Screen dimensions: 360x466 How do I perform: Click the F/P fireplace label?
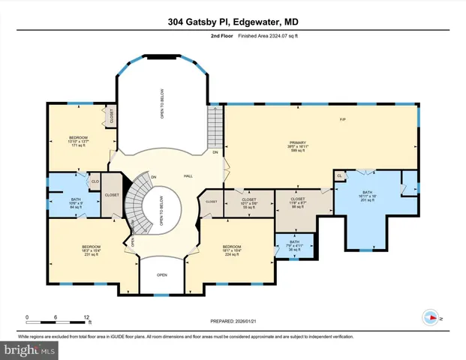tap(343, 120)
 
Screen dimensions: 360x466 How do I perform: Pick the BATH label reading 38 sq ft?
tap(293, 245)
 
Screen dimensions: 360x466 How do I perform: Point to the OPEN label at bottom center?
tap(161, 274)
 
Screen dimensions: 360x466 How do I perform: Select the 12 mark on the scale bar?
tap(87, 316)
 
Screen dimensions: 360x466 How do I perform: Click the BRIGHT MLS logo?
tap(30, 349)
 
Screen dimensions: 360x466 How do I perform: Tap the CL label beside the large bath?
tap(340, 175)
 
